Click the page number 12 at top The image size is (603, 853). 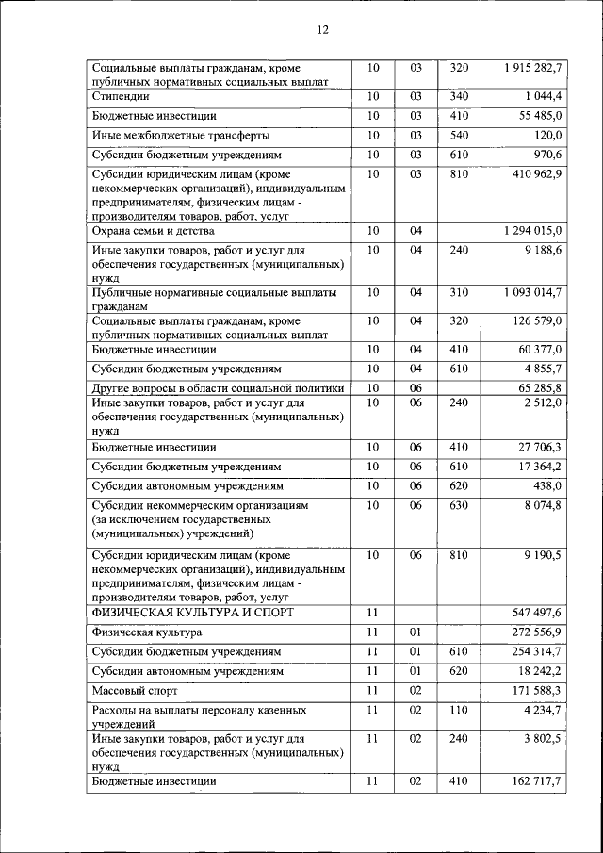coord(322,30)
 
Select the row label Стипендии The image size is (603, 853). coord(120,97)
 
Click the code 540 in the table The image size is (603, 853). coord(459,135)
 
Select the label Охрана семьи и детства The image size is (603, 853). coord(154,231)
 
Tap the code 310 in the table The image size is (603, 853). coord(459,293)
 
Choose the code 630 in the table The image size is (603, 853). coord(459,506)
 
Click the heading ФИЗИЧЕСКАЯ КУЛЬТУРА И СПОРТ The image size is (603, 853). coord(193,613)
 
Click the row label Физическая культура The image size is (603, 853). coord(147,632)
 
